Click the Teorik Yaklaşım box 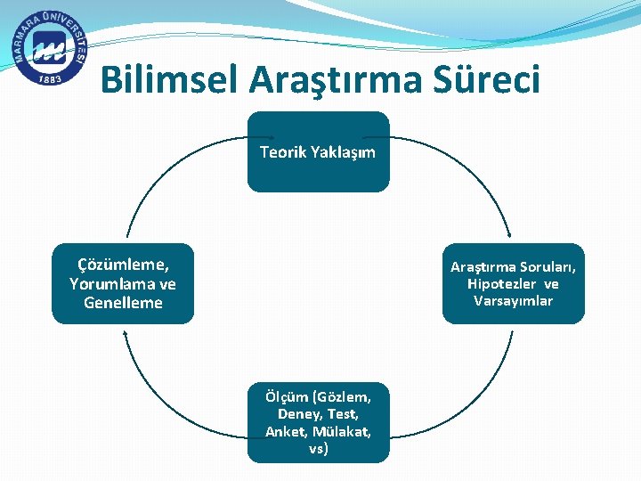click(318, 151)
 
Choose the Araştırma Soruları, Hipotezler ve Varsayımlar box click(514, 283)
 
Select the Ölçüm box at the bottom click(318, 422)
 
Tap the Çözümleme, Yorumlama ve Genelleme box click(123, 283)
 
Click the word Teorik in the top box click(283, 152)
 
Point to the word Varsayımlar click(514, 301)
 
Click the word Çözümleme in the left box click(123, 265)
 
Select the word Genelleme click(123, 303)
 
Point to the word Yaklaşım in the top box click(343, 152)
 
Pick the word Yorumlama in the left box click(105, 284)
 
